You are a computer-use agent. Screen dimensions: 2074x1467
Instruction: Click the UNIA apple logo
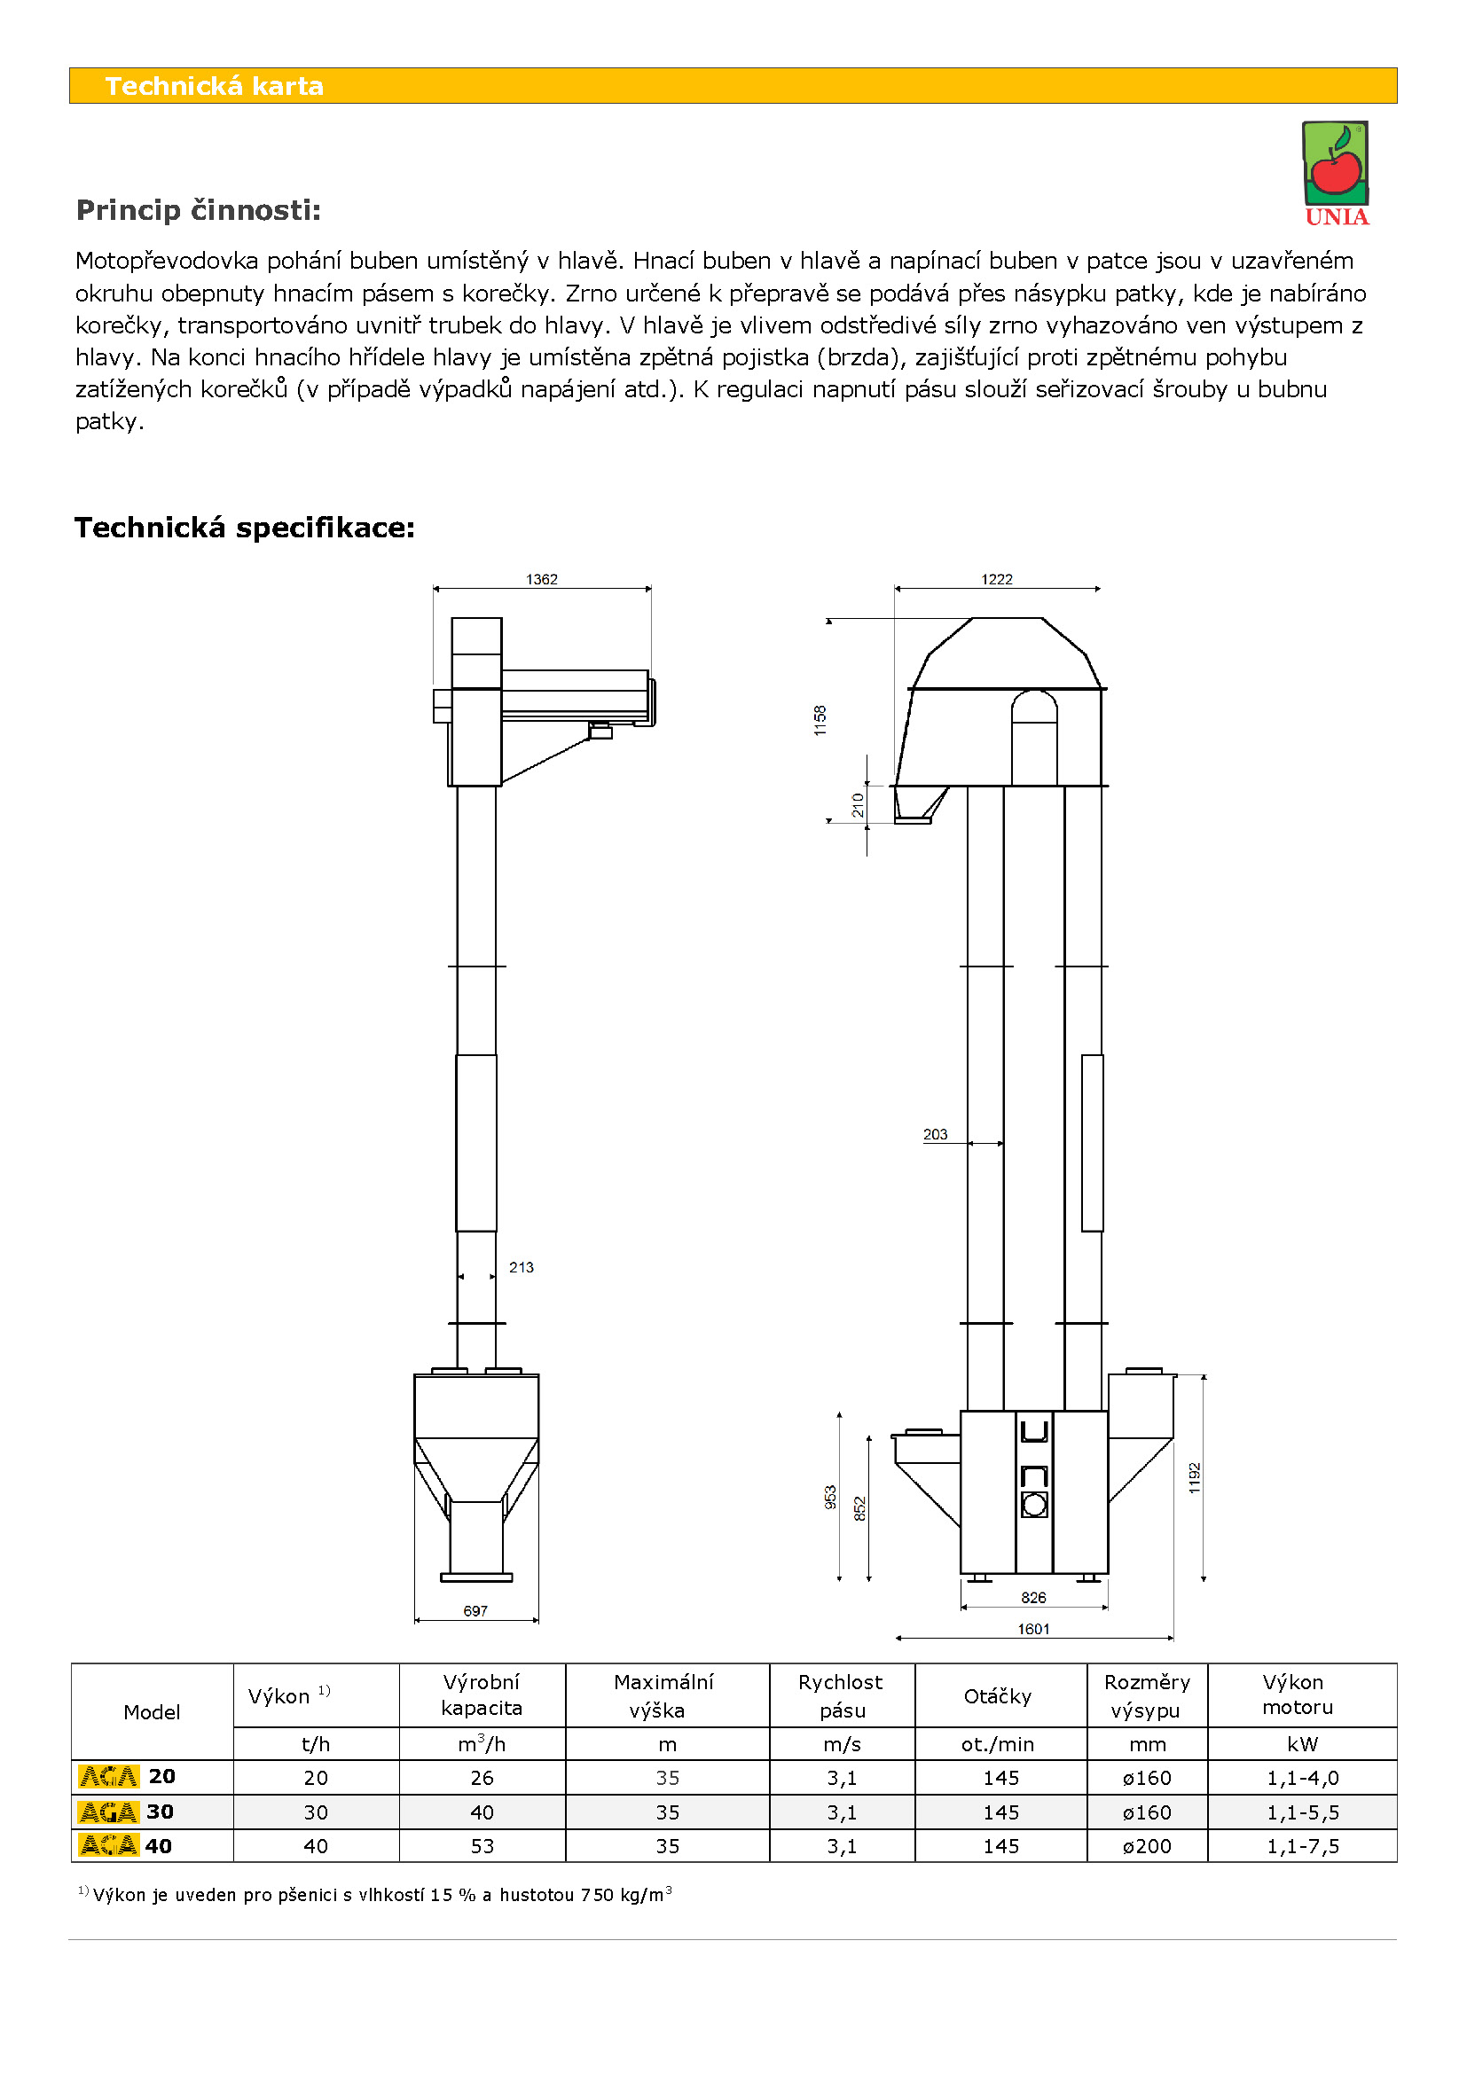[x=1335, y=172]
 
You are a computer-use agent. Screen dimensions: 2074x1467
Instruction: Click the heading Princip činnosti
[x=199, y=210]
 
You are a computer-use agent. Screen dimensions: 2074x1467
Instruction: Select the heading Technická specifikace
[x=245, y=528]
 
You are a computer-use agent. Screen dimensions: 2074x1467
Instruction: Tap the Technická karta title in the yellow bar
[x=214, y=86]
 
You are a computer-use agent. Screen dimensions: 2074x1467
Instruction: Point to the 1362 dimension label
[x=541, y=579]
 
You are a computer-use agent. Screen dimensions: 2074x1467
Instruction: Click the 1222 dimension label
[x=996, y=579]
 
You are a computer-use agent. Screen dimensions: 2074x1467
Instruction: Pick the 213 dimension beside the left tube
[x=522, y=1267]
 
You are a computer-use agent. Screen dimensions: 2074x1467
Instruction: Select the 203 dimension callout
[x=935, y=1135]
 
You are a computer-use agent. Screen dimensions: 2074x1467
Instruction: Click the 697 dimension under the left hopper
[x=475, y=1610]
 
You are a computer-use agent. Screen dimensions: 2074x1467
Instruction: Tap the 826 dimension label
[x=1033, y=1597]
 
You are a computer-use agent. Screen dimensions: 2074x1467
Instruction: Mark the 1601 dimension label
[x=1033, y=1629]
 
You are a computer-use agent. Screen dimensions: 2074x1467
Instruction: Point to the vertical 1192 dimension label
[x=1194, y=1478]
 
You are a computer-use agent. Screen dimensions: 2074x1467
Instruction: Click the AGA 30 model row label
[x=127, y=1812]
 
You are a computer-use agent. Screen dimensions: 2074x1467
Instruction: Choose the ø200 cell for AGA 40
[x=1146, y=1846]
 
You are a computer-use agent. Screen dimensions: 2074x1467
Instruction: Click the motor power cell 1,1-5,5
[x=1303, y=1812]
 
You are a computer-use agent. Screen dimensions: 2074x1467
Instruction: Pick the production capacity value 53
[x=482, y=1846]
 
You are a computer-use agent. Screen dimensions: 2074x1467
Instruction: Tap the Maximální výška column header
[x=664, y=1695]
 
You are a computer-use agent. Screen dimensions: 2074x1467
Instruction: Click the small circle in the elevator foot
[x=1034, y=1504]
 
